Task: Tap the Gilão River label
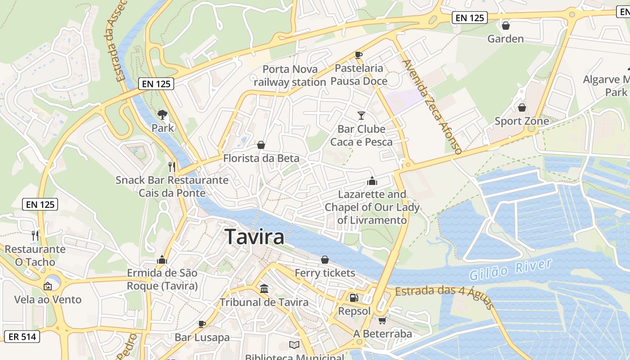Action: click(x=510, y=269)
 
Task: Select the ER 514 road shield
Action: click(x=21, y=336)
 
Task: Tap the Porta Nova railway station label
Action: click(x=290, y=76)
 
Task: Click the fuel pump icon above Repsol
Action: click(x=354, y=297)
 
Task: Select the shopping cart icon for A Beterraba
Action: click(x=382, y=320)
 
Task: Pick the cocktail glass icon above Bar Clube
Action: click(x=361, y=116)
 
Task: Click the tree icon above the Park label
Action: click(x=162, y=115)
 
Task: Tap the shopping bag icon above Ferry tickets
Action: click(x=325, y=260)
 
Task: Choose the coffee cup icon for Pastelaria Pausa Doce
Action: click(x=359, y=55)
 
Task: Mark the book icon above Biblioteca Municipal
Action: click(x=294, y=345)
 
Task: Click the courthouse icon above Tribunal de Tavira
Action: click(x=264, y=288)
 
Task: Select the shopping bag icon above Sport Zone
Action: click(x=522, y=108)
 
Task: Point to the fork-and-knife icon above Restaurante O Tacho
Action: click(x=35, y=235)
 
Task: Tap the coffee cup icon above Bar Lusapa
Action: click(x=202, y=324)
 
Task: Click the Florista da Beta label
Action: click(x=261, y=158)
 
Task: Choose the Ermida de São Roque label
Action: click(x=162, y=279)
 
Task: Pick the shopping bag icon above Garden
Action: click(x=506, y=26)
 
